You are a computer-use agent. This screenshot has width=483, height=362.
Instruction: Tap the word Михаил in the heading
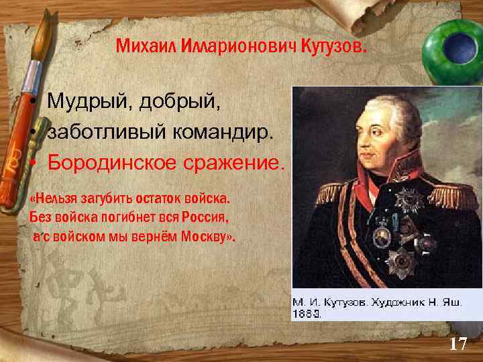click(138, 47)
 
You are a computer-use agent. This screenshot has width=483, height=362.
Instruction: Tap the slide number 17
click(458, 345)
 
